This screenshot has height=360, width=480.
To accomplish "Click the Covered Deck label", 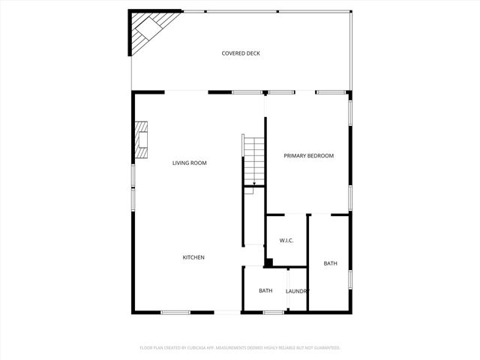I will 241,53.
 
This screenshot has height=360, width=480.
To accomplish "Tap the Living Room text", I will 189,163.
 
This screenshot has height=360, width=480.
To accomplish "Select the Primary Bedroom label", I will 308,156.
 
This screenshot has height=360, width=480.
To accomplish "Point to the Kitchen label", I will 193,257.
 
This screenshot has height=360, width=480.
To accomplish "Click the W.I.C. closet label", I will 286,241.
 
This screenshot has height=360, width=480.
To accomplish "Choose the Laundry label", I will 298,291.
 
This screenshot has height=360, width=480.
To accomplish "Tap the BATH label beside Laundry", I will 265,291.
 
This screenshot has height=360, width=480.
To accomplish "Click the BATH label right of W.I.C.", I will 330,263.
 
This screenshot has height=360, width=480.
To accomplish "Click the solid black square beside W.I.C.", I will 268,262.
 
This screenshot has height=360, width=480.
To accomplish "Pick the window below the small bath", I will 273,312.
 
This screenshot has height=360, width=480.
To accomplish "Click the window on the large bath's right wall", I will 349,279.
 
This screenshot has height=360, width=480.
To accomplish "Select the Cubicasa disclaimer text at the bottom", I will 240,348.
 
